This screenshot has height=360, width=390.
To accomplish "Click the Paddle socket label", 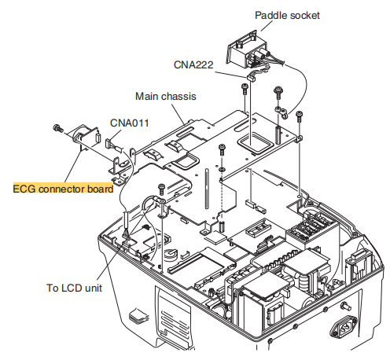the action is (287, 16).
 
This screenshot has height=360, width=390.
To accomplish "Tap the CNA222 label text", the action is (193, 64).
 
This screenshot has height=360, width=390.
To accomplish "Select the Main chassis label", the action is (166, 96).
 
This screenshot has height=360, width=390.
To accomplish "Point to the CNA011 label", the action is (130, 123).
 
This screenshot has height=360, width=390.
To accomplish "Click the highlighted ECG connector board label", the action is (63, 189).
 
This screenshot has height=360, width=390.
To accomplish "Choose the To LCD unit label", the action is (74, 288).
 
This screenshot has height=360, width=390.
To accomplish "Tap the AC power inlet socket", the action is (344, 328).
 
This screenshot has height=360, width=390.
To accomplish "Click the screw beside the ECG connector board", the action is (58, 128).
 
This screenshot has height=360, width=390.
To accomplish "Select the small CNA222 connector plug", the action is (251, 78).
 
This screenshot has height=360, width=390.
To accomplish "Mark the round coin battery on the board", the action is (171, 253).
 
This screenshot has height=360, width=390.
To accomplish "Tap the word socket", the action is (305, 16).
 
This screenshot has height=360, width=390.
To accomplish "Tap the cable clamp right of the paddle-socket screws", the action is (281, 112).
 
